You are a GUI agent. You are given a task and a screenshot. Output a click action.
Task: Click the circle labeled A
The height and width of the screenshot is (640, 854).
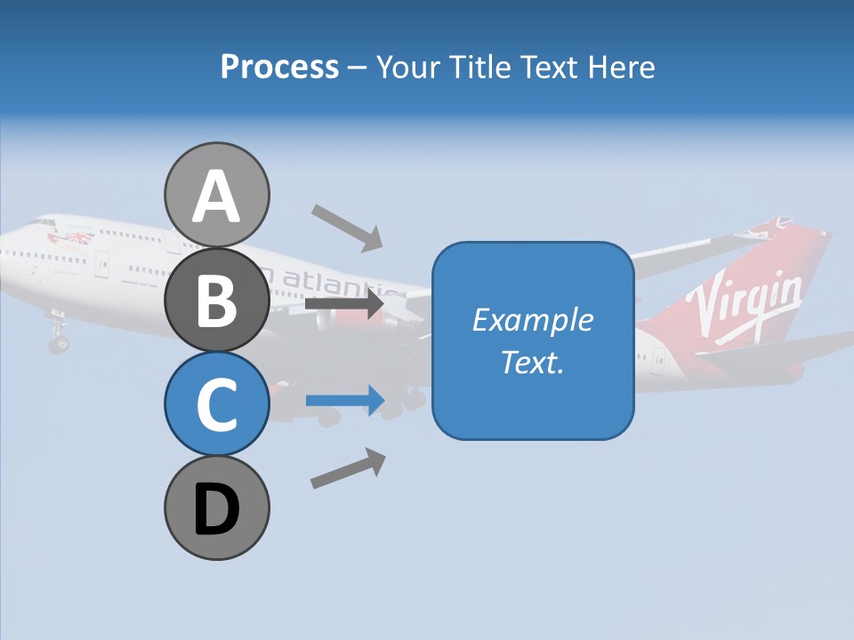pyautogui.click(x=216, y=196)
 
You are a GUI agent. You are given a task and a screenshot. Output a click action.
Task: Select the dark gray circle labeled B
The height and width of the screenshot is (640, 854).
pyautogui.click(x=216, y=300)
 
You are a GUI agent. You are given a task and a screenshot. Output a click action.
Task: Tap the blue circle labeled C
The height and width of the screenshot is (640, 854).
pyautogui.click(x=216, y=404)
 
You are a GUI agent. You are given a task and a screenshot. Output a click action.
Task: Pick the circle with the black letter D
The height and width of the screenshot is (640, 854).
pyautogui.click(x=216, y=508)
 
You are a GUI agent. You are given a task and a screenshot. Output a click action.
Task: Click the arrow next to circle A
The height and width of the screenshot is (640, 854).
pyautogui.click(x=347, y=227)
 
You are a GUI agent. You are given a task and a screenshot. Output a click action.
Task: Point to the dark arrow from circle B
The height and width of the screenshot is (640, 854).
pyautogui.click(x=344, y=304)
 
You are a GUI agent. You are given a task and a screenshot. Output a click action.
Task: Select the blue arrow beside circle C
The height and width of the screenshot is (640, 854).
pyautogui.click(x=344, y=401)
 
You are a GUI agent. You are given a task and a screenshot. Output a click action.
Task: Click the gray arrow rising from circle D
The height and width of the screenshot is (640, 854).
pyautogui.click(x=348, y=468)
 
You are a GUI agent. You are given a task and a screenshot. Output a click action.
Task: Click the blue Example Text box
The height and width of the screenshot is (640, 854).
pyautogui.click(x=533, y=340)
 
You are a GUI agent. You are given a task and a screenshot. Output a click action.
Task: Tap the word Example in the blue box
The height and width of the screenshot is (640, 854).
pyautogui.click(x=532, y=320)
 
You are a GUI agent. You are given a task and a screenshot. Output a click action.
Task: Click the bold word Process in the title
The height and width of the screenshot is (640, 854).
pyautogui.click(x=279, y=68)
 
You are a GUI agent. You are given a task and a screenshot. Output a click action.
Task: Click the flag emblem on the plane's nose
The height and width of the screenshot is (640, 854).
pyautogui.click(x=72, y=237)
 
